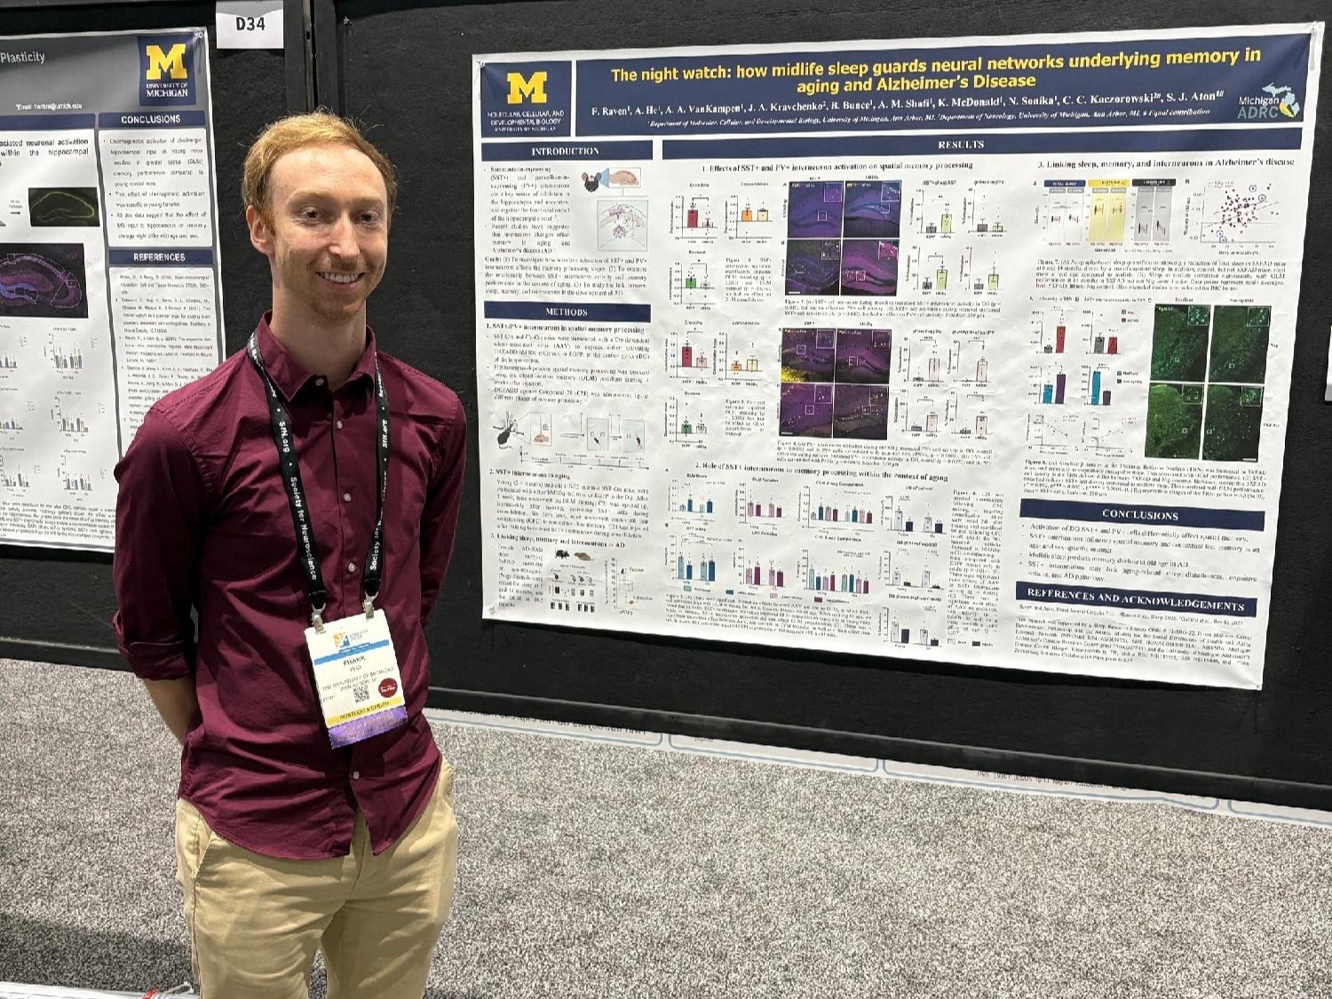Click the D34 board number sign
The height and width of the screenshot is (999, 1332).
250,24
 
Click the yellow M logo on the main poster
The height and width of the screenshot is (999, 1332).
527,88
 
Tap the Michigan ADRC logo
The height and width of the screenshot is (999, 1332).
1269,105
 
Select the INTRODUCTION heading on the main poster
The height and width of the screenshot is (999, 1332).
566,151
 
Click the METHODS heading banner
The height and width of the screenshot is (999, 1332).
567,312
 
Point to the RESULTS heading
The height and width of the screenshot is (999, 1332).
961,144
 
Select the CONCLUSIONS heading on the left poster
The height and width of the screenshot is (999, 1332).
151,119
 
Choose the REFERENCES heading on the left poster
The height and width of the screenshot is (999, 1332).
160,257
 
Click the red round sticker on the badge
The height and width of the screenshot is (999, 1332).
386,688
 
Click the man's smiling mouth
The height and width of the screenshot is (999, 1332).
338,276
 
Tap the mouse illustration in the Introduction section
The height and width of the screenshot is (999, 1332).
592,183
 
